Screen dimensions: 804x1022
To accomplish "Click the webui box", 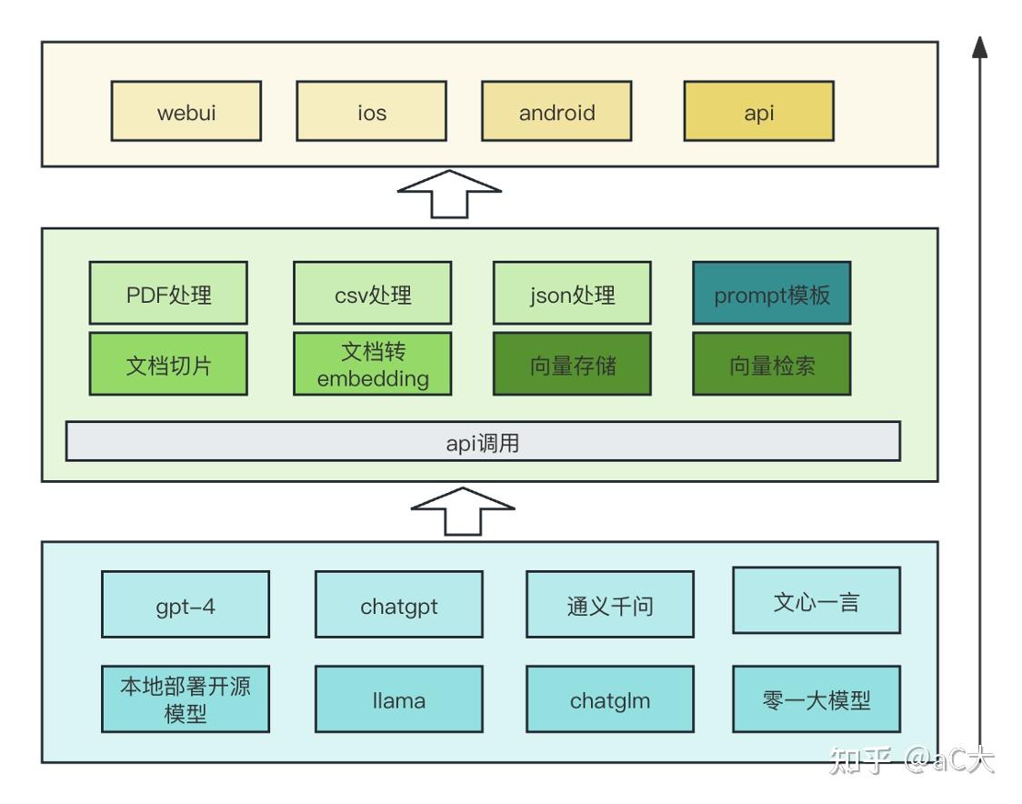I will point(186,111).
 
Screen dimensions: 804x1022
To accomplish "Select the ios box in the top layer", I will point(371,111).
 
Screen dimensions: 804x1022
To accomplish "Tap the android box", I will point(556,111).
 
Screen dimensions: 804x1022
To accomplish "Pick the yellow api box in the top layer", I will point(758,111).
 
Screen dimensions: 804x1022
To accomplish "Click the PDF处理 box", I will point(168,293).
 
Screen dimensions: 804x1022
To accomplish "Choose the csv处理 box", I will point(372,293).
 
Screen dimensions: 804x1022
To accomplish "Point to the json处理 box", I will point(572,293).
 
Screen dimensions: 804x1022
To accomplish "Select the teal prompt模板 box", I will point(772,293).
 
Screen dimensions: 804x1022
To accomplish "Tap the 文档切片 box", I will point(168,364).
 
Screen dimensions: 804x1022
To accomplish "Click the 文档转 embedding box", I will point(372,364).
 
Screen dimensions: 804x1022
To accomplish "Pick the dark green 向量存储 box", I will point(572,364).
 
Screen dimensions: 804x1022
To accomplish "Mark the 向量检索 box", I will point(772,364).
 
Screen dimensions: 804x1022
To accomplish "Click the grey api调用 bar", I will point(483,441).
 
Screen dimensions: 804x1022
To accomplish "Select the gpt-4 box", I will point(185,604).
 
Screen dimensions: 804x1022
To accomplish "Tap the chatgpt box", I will point(399,604).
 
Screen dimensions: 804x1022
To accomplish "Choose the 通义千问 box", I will point(610,604).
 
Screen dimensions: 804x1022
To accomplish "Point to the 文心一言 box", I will point(817,600).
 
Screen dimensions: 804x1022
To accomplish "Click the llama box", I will point(399,698).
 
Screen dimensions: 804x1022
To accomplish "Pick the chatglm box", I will point(610,698).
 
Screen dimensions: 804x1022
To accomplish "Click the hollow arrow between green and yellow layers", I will point(449,194).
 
